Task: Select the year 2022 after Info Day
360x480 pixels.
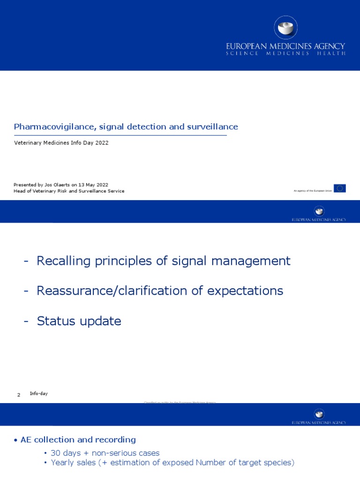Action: tap(102, 143)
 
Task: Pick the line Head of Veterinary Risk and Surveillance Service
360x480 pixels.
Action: tap(69, 191)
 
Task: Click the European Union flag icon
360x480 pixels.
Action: tap(340, 188)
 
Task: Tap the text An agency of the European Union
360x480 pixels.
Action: tap(313, 191)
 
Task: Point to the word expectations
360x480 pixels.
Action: tap(245, 291)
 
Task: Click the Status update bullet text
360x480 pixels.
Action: tap(79, 321)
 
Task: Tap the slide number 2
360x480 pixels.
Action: tap(19, 395)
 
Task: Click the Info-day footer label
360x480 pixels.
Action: tap(38, 394)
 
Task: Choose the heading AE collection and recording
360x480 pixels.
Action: tap(78, 440)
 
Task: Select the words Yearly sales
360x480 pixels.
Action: tap(70, 463)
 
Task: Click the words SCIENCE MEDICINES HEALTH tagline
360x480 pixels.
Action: tap(285, 53)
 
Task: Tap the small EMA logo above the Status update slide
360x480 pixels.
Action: tap(319, 211)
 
